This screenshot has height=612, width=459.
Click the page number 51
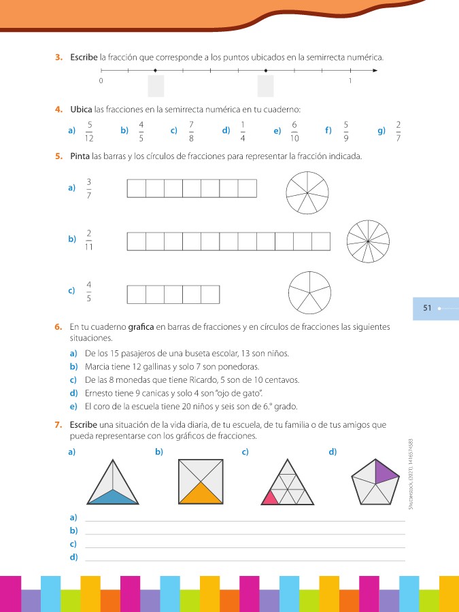click(x=428, y=308)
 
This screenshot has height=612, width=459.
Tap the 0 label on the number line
click(x=101, y=81)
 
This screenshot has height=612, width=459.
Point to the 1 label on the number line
click(x=350, y=81)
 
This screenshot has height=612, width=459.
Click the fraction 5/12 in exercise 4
click(x=89, y=131)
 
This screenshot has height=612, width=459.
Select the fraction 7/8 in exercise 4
click(x=192, y=131)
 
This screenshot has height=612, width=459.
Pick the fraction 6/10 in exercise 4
click(x=294, y=131)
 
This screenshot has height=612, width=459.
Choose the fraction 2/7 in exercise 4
click(x=398, y=131)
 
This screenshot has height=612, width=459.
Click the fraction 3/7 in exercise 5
click(x=89, y=188)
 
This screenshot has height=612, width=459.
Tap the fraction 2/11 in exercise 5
click(x=89, y=239)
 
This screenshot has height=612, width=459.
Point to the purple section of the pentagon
click(x=386, y=471)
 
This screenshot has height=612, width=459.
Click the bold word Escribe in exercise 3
click(x=84, y=58)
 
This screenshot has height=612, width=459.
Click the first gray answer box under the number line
click(x=156, y=86)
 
